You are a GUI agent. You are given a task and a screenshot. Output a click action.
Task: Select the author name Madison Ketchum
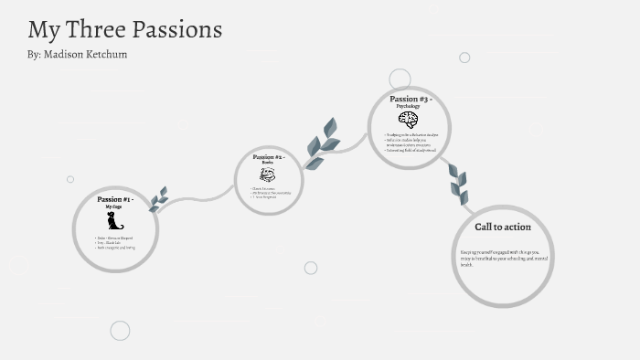[89, 55]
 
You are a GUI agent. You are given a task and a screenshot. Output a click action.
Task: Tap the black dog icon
[114, 220]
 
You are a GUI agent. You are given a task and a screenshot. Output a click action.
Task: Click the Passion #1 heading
[115, 199]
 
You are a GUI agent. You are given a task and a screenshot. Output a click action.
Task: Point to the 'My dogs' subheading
[113, 207]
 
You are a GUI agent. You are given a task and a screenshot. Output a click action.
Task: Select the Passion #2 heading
[268, 157]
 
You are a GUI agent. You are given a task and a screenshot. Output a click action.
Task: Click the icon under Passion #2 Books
[267, 175]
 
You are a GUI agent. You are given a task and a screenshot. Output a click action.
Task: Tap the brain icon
[408, 120]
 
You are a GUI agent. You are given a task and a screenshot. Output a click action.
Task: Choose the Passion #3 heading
[411, 99]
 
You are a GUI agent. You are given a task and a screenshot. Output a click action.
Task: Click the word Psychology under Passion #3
[408, 107]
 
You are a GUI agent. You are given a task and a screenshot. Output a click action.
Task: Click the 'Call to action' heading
[502, 227]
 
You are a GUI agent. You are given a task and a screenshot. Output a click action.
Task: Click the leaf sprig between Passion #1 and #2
[158, 199]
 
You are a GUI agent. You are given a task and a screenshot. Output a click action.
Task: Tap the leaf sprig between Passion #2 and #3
[321, 143]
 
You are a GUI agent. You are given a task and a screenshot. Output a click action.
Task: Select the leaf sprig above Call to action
[458, 184]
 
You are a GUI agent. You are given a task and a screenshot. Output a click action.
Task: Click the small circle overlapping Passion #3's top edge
[400, 79]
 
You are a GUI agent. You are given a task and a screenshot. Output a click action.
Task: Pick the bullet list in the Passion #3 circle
[411, 143]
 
